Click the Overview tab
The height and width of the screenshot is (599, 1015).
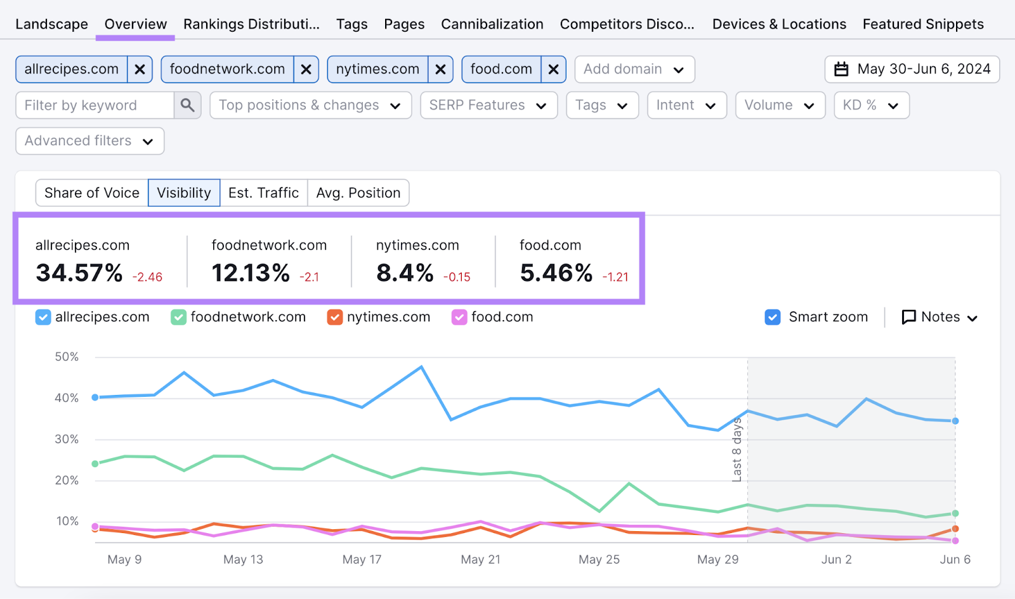click(x=135, y=24)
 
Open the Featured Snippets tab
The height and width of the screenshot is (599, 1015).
click(x=922, y=24)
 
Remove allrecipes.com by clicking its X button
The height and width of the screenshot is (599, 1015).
click(x=140, y=69)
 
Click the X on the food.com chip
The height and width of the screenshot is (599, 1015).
click(x=553, y=69)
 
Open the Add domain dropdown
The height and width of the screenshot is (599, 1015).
click(x=634, y=69)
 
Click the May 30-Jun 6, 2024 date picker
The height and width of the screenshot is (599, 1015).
click(x=912, y=69)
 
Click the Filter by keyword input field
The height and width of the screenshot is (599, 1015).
click(x=95, y=105)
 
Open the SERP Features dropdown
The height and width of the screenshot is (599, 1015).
click(x=488, y=105)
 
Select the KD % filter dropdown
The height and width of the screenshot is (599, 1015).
click(x=870, y=105)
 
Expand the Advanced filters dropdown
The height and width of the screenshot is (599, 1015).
click(x=89, y=141)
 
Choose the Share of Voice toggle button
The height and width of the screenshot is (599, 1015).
click(x=92, y=193)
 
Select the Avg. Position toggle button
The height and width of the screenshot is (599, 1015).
click(x=358, y=193)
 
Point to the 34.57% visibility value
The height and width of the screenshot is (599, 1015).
click(x=79, y=273)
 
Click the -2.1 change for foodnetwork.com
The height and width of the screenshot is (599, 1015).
click(x=310, y=277)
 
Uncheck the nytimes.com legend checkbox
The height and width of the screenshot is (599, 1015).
click(x=334, y=317)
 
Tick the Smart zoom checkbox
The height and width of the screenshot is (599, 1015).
click(x=773, y=317)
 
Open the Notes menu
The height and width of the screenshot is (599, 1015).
click(x=940, y=317)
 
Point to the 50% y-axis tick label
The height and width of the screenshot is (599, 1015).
click(x=67, y=357)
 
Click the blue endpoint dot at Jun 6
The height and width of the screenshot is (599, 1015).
click(x=955, y=421)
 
